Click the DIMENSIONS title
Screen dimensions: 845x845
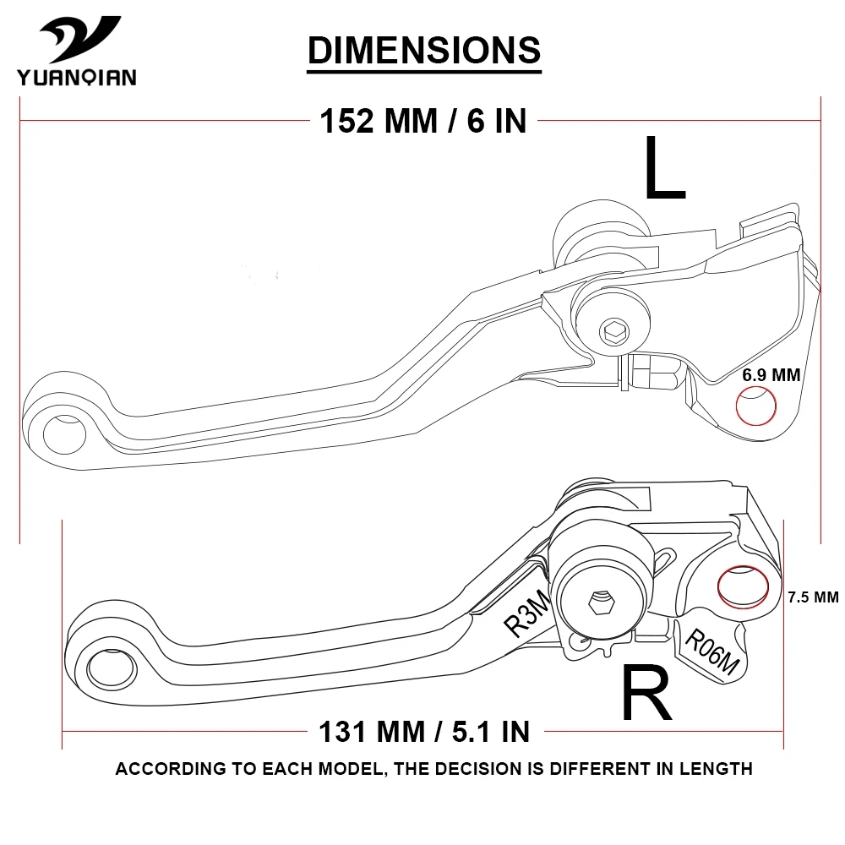click(423, 50)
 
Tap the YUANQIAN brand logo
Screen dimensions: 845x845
click(75, 52)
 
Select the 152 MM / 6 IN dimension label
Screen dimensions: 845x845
click(422, 121)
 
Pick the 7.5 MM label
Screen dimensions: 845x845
click(812, 597)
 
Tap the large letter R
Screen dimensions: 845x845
click(646, 692)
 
